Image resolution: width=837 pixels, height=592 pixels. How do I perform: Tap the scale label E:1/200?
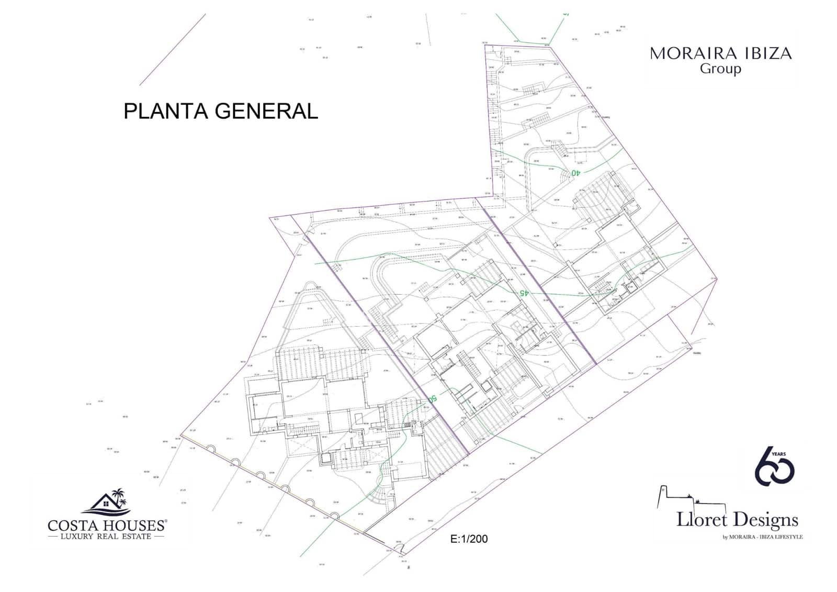pos(469,539)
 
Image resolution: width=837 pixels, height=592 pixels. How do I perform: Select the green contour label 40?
pos(575,172)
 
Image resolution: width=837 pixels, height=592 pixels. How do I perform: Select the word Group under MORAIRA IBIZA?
pos(720,69)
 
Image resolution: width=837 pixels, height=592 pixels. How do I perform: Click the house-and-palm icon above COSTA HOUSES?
pos(108,501)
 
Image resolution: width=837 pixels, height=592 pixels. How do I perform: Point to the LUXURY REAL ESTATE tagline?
pos(106,537)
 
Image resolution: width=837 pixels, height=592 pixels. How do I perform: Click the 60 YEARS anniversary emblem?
pos(774,466)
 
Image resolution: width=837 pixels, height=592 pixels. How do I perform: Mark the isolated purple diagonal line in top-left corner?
pos(173,49)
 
